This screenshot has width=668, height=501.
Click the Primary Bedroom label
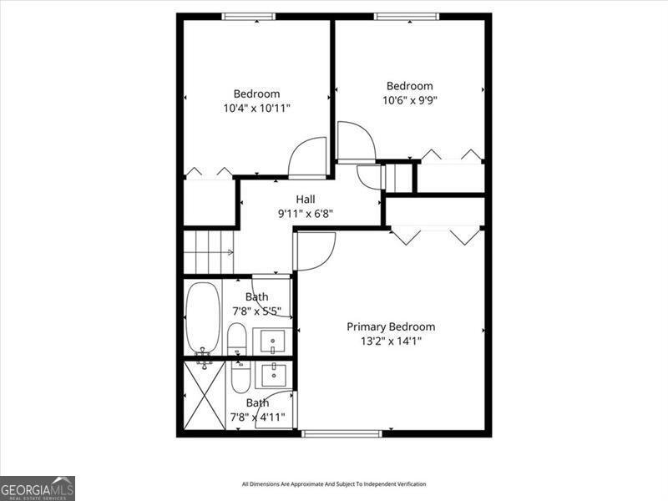pos(391,326)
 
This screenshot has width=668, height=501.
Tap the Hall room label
pos(305,200)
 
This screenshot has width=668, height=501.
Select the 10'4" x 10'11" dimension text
pos(256,108)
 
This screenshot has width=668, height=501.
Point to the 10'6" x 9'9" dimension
pos(410,100)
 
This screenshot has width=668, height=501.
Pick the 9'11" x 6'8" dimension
pos(305,213)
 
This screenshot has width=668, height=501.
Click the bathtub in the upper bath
pos(201,319)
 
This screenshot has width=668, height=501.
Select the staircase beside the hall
pos(208,250)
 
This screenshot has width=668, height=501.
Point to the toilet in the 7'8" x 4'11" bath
pos(240,377)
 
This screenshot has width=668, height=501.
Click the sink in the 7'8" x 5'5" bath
pos(272,342)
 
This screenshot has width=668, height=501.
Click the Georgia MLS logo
pos(38,488)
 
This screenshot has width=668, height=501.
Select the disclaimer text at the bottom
pos(334,484)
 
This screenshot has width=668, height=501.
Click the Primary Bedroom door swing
pos(315,250)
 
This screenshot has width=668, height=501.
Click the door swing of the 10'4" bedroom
pos(307,158)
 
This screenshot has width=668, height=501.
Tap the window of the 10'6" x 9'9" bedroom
pos(406,17)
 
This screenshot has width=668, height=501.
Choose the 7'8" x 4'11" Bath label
pos(256,402)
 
